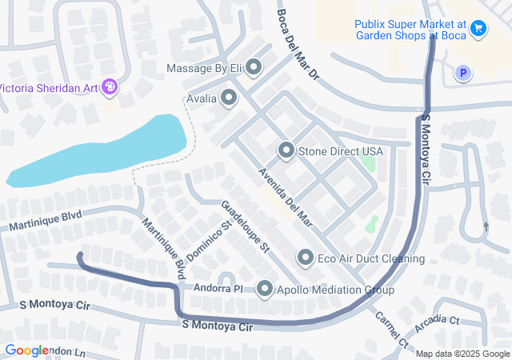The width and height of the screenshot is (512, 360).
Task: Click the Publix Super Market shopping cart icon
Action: tap(478, 29)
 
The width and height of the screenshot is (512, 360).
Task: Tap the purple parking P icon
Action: tap(462, 74)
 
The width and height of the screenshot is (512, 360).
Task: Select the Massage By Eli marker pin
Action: tap(254, 68)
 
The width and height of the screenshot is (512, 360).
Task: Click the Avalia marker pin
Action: tap(229, 98)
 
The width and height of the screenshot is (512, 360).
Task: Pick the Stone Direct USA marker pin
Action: tap(286, 150)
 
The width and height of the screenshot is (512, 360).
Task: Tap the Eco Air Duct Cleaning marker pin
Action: tap(306, 258)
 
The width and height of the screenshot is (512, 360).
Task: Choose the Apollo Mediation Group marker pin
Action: tap(266, 290)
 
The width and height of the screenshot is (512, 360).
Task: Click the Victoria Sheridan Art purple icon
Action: tap(110, 87)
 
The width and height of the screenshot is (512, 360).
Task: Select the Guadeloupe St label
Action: tap(245, 226)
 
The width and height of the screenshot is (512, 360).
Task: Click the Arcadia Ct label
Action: tap(437, 325)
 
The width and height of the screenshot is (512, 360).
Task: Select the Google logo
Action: tap(26, 350)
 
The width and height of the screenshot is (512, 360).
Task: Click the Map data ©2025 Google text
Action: tap(462, 354)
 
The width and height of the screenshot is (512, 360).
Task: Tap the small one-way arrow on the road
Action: tap(486, 227)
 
